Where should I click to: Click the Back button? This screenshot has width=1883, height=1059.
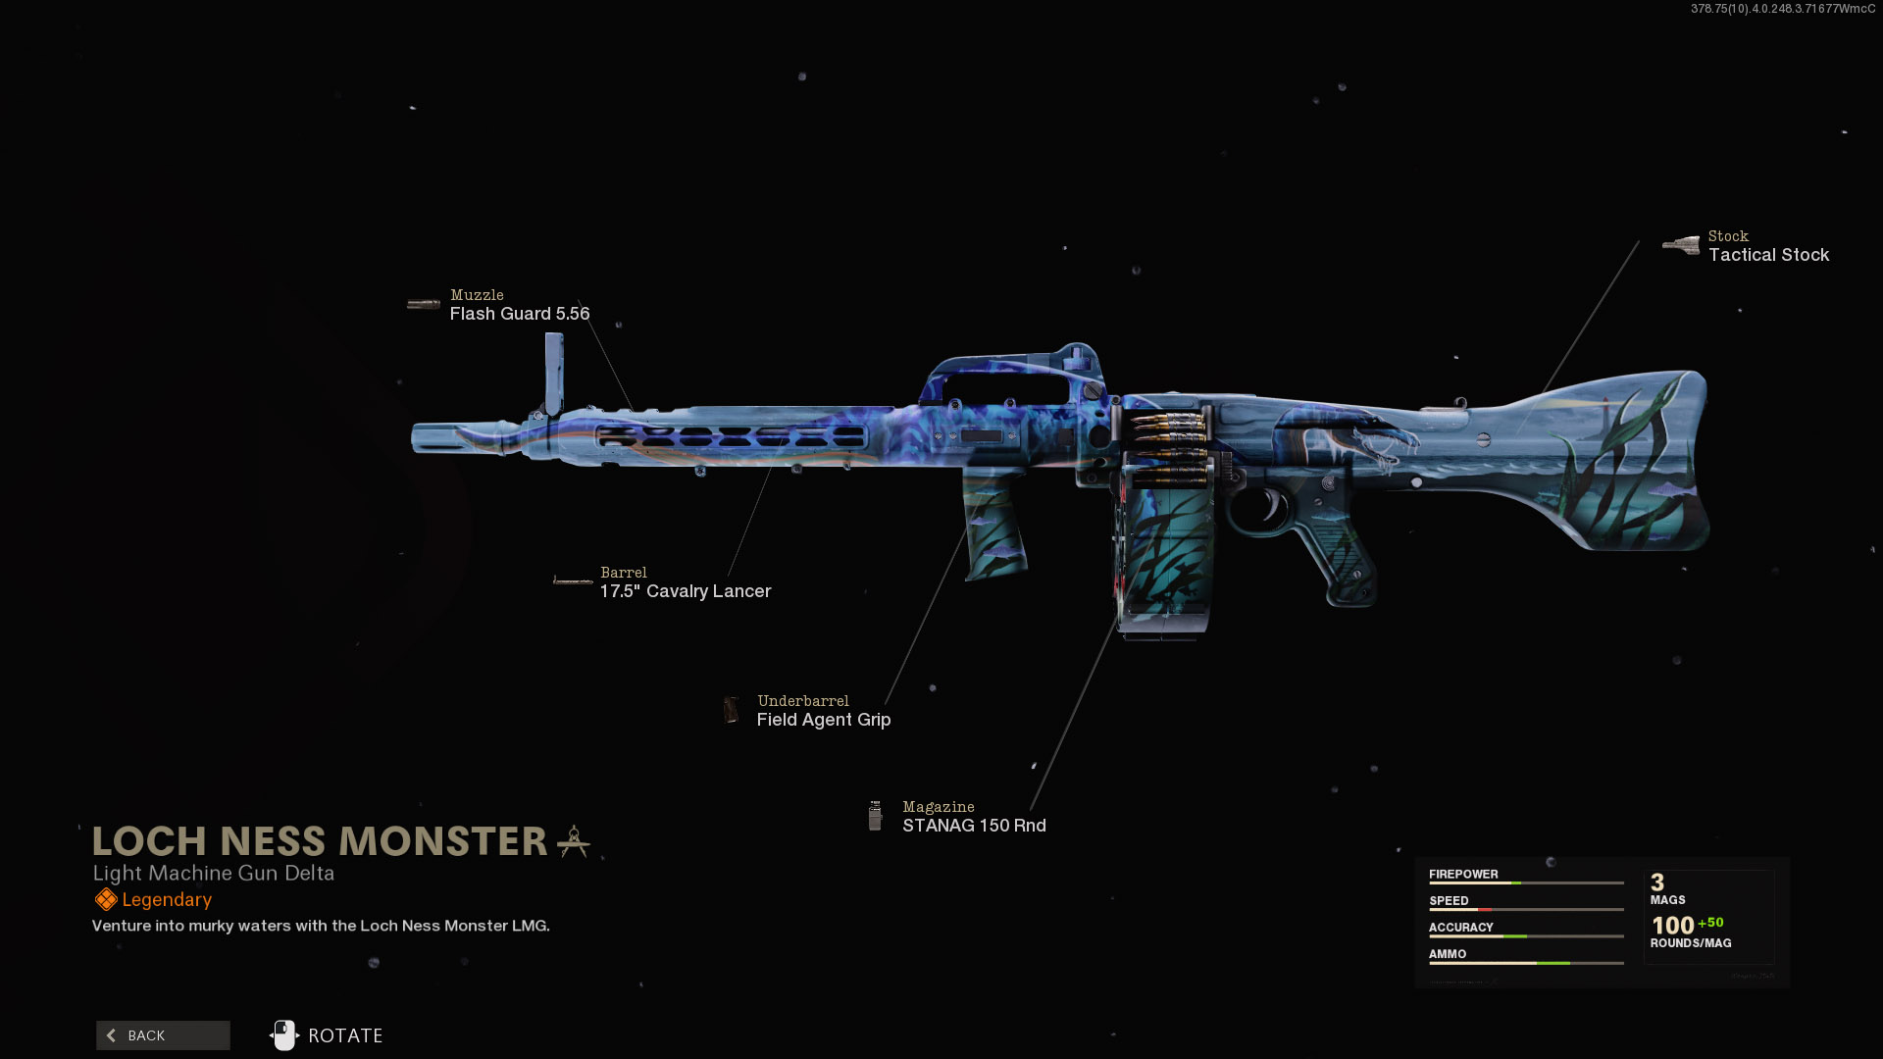point(163,1035)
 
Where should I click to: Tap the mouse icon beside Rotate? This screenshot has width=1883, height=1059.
point(284,1035)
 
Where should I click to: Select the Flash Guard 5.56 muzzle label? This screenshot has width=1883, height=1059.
point(520,314)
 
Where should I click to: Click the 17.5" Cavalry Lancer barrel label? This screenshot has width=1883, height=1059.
point(686,591)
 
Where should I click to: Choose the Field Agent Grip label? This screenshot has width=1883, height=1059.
point(824,720)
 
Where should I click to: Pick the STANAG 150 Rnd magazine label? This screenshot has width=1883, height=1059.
point(974,826)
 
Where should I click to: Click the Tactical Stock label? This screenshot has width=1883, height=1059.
point(1768,255)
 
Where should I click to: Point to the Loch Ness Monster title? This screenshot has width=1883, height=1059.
point(320,841)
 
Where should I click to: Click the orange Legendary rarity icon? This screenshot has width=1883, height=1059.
point(106,900)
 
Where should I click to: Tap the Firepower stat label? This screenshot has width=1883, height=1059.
point(1463,875)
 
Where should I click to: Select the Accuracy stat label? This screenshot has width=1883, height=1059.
point(1460,928)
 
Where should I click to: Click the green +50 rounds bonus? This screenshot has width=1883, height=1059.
point(1710,923)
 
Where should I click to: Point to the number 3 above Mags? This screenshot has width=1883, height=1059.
point(1657,882)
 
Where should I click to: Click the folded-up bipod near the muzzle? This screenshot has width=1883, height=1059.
point(554,373)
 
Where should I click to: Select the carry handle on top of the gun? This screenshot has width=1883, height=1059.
point(1010,368)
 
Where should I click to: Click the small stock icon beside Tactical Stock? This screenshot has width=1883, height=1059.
point(1681,245)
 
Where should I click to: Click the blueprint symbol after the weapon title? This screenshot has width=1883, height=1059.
point(574,841)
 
